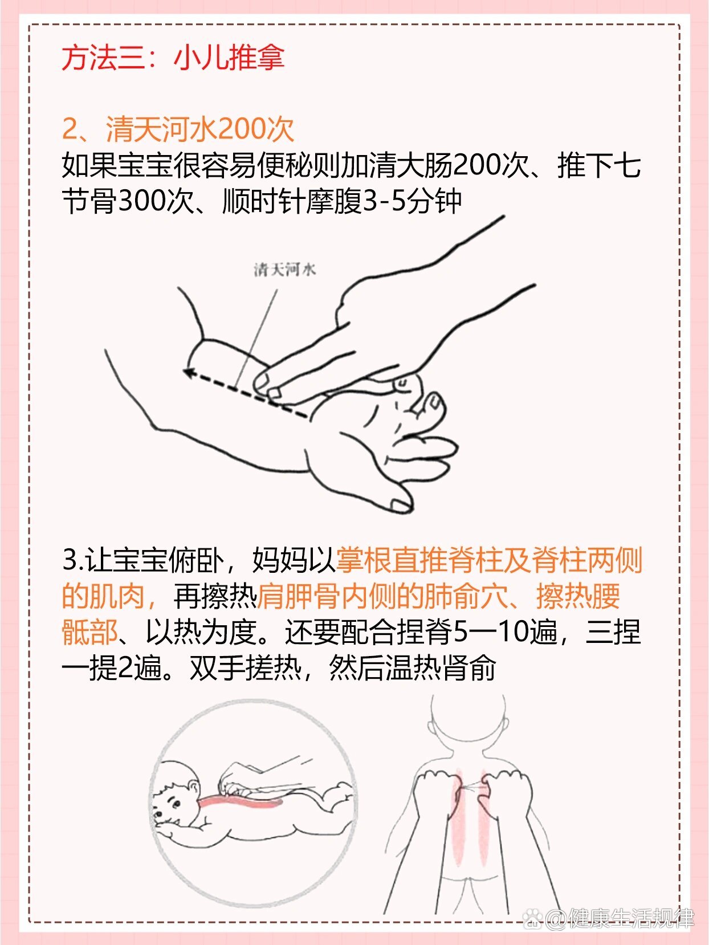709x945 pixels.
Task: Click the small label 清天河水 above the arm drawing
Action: click(284, 270)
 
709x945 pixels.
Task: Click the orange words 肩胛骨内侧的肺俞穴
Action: click(382, 597)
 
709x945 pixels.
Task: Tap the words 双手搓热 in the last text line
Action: click(246, 668)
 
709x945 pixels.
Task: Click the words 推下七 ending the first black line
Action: click(599, 166)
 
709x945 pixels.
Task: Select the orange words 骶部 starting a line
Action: click(89, 632)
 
